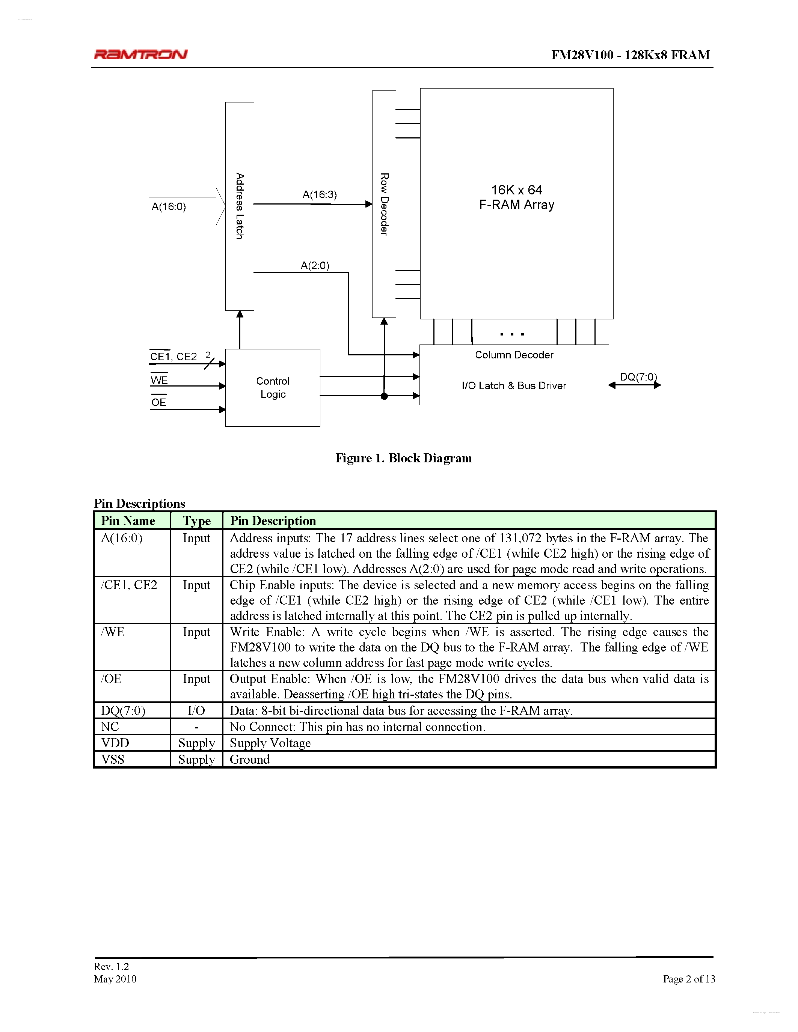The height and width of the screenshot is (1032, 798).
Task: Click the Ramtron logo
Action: (x=140, y=54)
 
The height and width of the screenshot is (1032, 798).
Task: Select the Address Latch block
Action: (x=240, y=206)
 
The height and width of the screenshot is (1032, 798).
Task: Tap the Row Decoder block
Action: (x=384, y=204)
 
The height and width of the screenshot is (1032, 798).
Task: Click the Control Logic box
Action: (x=273, y=388)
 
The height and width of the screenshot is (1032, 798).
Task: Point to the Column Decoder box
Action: (x=514, y=355)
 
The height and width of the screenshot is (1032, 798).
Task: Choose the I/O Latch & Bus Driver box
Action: (x=514, y=385)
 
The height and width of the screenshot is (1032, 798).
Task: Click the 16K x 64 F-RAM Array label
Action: (x=516, y=197)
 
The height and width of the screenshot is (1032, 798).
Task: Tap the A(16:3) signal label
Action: (x=320, y=195)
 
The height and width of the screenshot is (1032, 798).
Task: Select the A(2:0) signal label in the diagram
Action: (x=315, y=266)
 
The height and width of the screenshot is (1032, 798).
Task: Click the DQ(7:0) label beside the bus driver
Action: (x=638, y=377)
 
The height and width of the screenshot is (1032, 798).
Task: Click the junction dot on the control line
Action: (x=384, y=396)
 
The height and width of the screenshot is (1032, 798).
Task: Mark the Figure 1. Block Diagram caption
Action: (x=403, y=458)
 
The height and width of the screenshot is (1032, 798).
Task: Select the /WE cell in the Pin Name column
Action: (x=113, y=632)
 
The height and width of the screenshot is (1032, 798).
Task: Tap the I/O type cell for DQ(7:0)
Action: (x=196, y=711)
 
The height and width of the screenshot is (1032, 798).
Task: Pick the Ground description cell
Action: (x=250, y=759)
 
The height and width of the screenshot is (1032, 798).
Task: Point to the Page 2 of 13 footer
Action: (x=688, y=979)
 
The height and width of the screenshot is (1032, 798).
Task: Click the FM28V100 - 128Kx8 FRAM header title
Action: (x=630, y=55)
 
